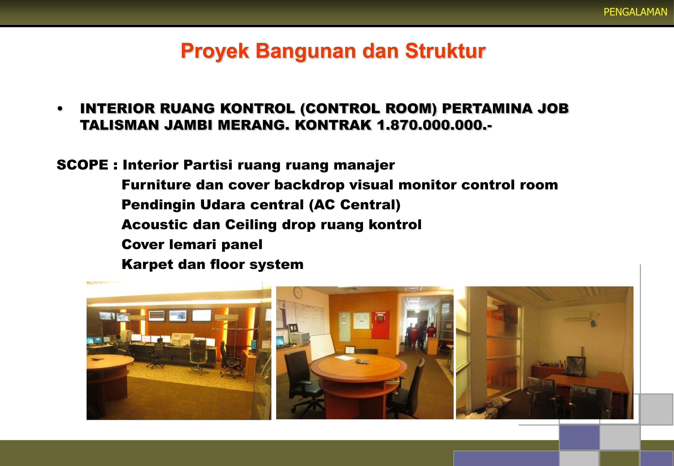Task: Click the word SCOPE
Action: (x=82, y=165)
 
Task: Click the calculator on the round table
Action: (x=363, y=361)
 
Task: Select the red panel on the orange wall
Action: (x=381, y=325)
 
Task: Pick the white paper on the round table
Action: (x=343, y=358)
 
